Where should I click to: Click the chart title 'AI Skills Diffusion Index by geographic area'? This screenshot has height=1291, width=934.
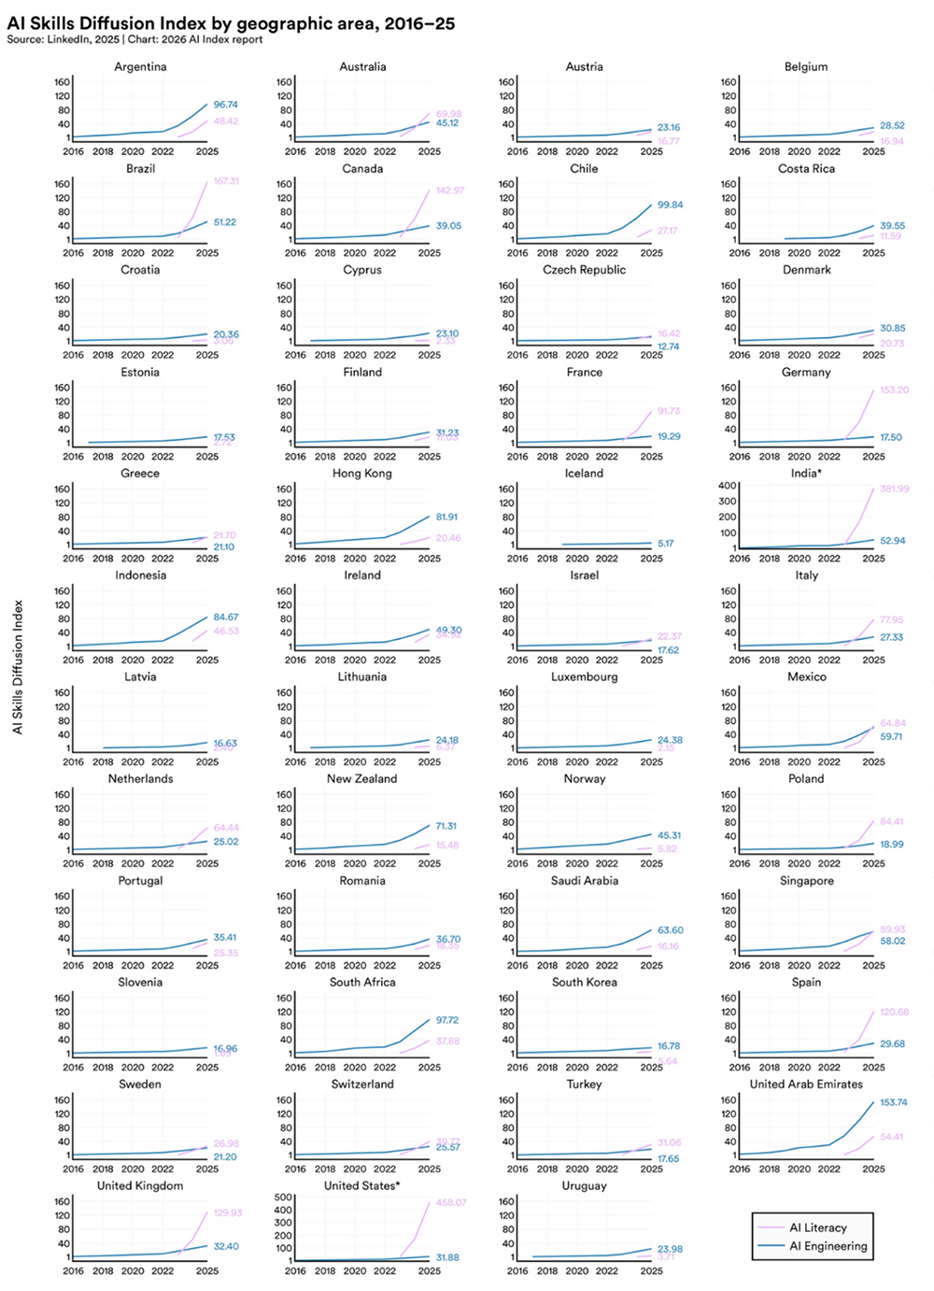pyautogui.click(x=231, y=23)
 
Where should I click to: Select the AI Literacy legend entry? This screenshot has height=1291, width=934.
pyautogui.click(x=817, y=1227)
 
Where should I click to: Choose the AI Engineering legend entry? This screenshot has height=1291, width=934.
pyautogui.click(x=828, y=1246)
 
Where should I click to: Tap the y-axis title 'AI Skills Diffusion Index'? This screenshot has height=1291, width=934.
pyautogui.click(x=18, y=667)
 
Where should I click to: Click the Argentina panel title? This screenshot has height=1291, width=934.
pyautogui.click(x=140, y=67)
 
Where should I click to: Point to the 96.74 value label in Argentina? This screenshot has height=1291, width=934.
pyautogui.click(x=225, y=105)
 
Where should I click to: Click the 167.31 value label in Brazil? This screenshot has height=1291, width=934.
pyautogui.click(x=226, y=181)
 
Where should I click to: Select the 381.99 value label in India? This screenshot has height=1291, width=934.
pyautogui.click(x=894, y=489)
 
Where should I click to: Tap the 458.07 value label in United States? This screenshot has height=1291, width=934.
pyautogui.click(x=450, y=1202)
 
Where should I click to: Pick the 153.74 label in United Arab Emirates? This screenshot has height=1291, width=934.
pyautogui.click(x=893, y=1102)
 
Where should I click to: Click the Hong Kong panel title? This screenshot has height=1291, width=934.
pyautogui.click(x=362, y=474)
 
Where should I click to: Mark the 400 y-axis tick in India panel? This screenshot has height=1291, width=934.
pyautogui.click(x=728, y=486)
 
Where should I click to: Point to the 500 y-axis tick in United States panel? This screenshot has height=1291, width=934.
pyautogui.click(x=283, y=1198)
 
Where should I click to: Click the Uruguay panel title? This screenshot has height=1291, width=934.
pyautogui.click(x=584, y=1186)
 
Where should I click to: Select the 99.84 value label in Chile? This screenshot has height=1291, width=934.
pyautogui.click(x=670, y=205)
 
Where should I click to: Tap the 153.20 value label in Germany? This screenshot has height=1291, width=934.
pyautogui.click(x=894, y=390)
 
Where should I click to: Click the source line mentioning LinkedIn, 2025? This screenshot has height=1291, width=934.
pyautogui.click(x=134, y=40)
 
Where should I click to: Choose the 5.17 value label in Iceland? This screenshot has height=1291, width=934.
pyautogui.click(x=665, y=543)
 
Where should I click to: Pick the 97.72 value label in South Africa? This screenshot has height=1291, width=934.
pyautogui.click(x=447, y=1020)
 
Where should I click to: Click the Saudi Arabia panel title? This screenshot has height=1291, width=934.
pyautogui.click(x=584, y=881)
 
